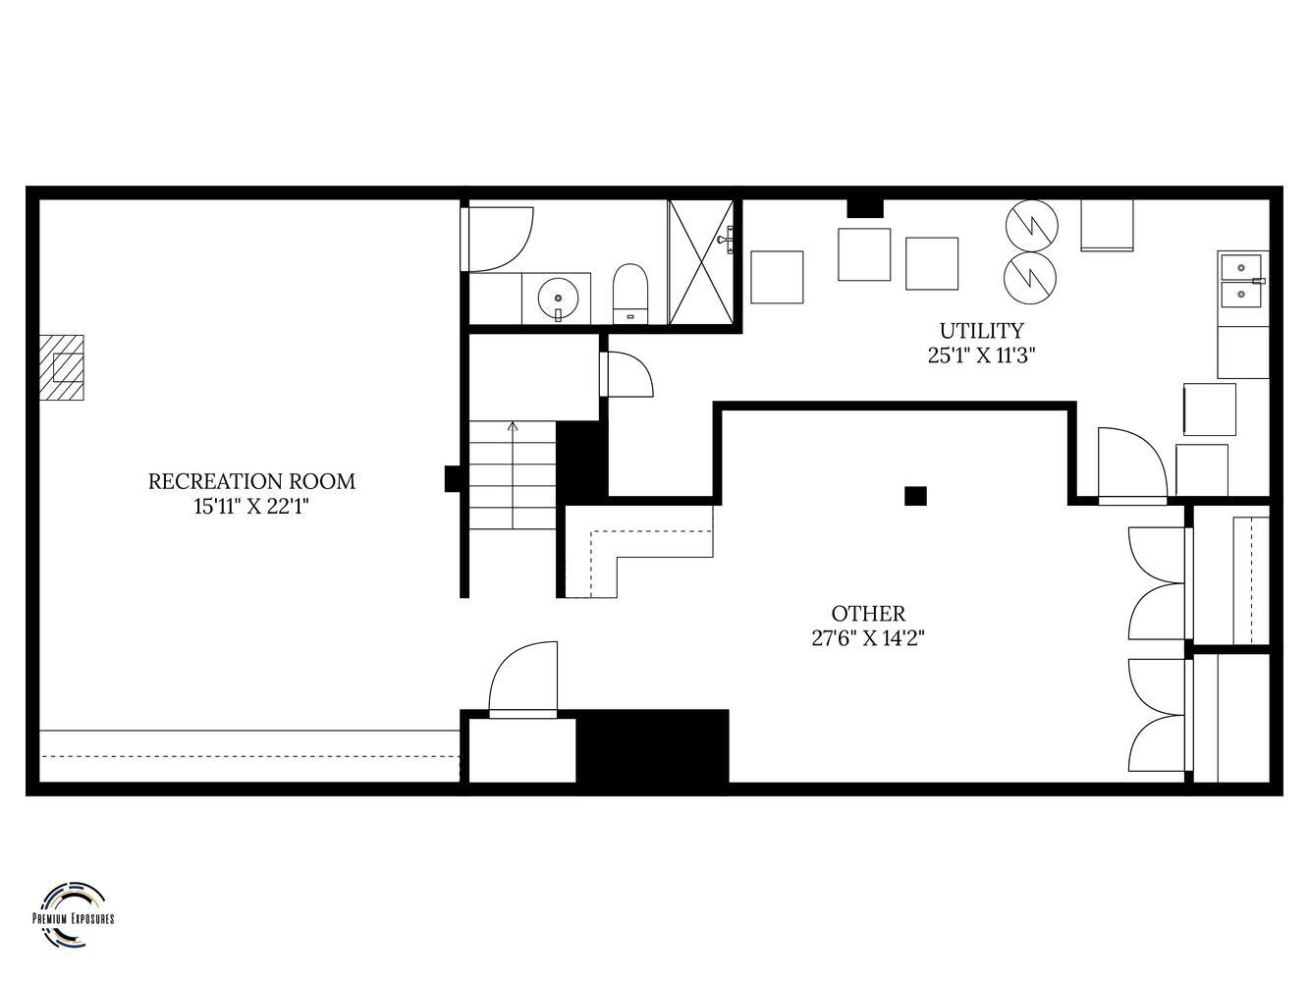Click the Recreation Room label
point(251,481)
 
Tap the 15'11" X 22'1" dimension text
point(251,507)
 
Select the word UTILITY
point(982,330)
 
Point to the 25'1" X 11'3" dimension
point(981,355)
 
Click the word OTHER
point(868,613)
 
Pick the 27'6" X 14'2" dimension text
point(868,638)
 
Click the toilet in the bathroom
point(630,294)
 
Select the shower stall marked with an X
point(701,262)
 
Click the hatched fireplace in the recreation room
point(62,367)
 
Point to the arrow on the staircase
point(513,475)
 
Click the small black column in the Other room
point(915,496)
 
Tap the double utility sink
point(1242,280)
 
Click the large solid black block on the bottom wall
point(652,746)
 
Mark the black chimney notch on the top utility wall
point(865,208)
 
